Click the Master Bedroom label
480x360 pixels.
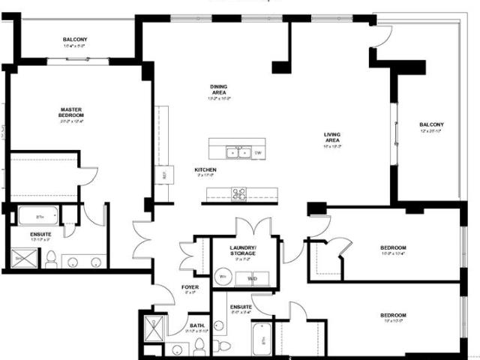coord(71,112)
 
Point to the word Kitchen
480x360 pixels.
coord(205,170)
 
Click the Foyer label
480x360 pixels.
coord(190,287)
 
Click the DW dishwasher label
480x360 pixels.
coord(257,153)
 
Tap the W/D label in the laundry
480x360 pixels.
coord(251,278)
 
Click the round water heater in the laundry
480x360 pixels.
coord(223,277)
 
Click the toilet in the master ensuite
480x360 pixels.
coord(51,259)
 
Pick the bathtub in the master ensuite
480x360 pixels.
coord(37,216)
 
